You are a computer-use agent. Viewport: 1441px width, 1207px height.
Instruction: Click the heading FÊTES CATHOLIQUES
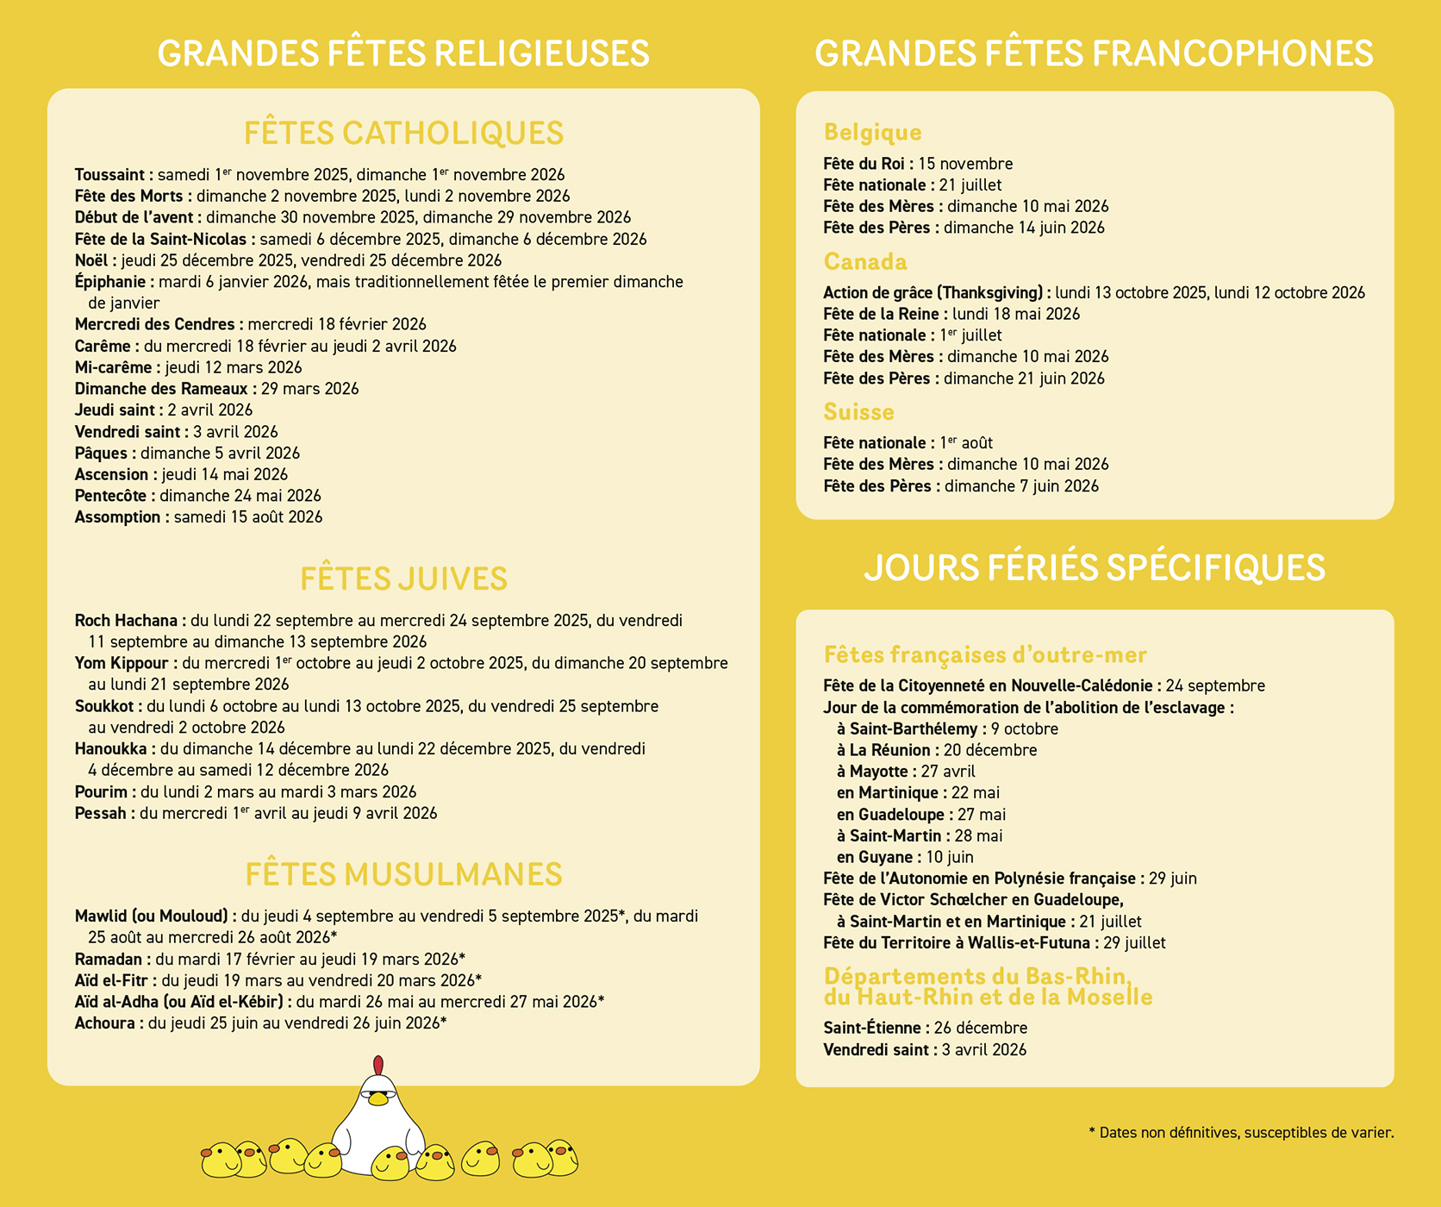coord(403,134)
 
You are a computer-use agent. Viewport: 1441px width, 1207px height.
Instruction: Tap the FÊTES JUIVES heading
coord(403,578)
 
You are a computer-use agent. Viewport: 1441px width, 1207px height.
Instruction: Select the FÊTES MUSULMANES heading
coord(403,874)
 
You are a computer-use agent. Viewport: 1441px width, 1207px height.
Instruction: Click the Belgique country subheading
coord(872,132)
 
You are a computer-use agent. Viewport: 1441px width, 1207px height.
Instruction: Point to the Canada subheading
coord(865,261)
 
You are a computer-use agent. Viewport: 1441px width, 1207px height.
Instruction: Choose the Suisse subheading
coord(858,411)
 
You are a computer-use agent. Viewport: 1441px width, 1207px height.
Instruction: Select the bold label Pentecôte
coord(114,496)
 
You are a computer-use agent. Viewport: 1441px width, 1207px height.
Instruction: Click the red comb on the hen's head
coord(377,1066)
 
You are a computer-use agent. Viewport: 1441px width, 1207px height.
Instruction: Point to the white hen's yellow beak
coord(377,1099)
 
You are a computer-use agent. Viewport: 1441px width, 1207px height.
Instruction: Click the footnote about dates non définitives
coord(1241,1132)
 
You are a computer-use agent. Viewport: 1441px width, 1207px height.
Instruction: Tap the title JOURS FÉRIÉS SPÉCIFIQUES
coord(1094,567)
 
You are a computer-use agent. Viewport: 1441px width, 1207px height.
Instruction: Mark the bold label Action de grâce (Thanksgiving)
coord(936,292)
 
